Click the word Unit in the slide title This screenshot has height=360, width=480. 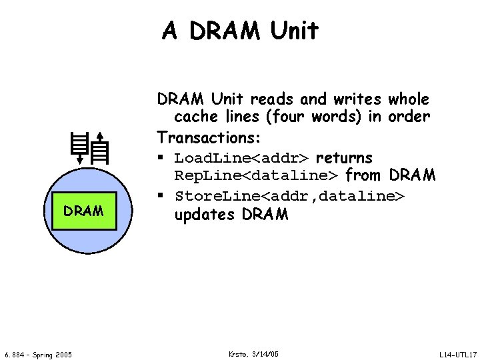click(291, 31)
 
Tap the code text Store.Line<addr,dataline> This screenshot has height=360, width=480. click(289, 197)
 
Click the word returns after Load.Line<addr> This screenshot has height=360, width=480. click(345, 158)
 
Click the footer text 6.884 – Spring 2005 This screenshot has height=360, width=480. click(39, 353)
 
